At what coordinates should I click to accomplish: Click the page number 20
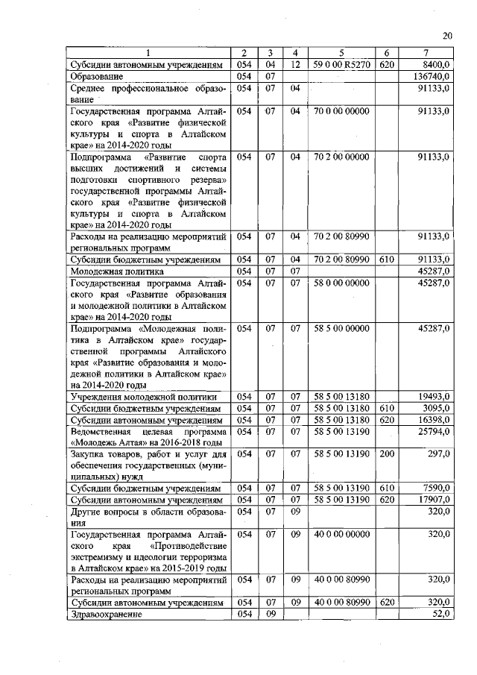tap(446, 35)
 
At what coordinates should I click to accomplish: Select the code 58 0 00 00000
tap(342, 283)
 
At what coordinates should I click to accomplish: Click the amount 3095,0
tap(436, 409)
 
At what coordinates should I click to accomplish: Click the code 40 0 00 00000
tap(342, 535)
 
